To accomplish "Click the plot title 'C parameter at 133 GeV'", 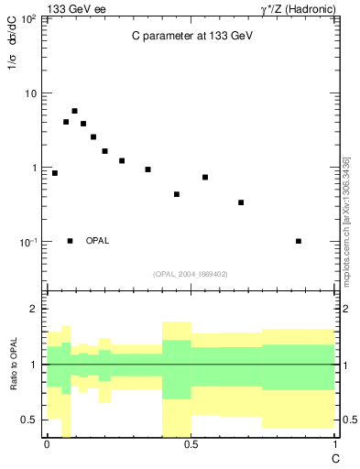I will [191, 37].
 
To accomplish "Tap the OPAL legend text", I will [97, 241].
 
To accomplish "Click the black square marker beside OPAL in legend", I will [70, 241].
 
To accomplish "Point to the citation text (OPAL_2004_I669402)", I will [191, 273].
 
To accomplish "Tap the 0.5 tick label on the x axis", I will [191, 443].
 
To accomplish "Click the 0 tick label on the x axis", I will [46, 443].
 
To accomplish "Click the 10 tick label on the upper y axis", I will [30, 93].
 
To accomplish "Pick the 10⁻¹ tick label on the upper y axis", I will [27, 242].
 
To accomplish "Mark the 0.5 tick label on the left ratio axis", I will [31, 420].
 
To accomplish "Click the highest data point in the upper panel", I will [74, 111].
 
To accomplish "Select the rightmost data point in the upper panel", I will [299, 241].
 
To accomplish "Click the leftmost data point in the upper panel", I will [55, 173].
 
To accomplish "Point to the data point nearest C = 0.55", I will [205, 177].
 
